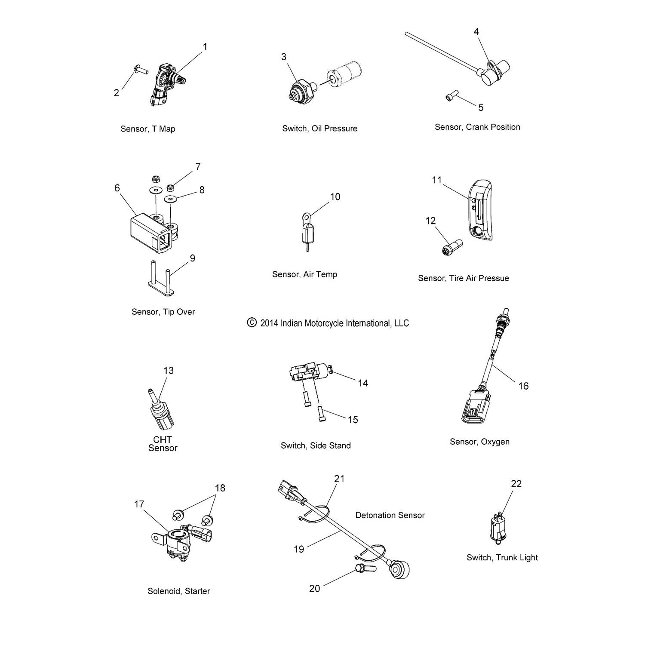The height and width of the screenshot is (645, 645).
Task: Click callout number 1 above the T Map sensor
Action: pos(205,46)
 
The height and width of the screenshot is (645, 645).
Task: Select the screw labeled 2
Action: pos(141,68)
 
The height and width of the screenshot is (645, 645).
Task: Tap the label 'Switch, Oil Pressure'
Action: pos(319,129)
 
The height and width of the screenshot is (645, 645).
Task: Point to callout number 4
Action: pos(476,31)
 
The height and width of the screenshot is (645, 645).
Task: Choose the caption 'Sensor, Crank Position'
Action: pos(477,127)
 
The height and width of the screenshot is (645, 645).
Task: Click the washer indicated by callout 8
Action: pos(172,199)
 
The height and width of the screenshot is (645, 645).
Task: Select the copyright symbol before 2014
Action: pos(252,322)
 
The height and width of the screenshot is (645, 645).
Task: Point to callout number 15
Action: pos(353,419)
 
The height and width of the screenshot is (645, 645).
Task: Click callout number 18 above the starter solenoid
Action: pos(220,488)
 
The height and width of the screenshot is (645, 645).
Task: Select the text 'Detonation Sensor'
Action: pos(390,515)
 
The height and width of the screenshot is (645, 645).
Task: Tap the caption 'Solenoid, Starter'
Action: pos(178,591)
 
